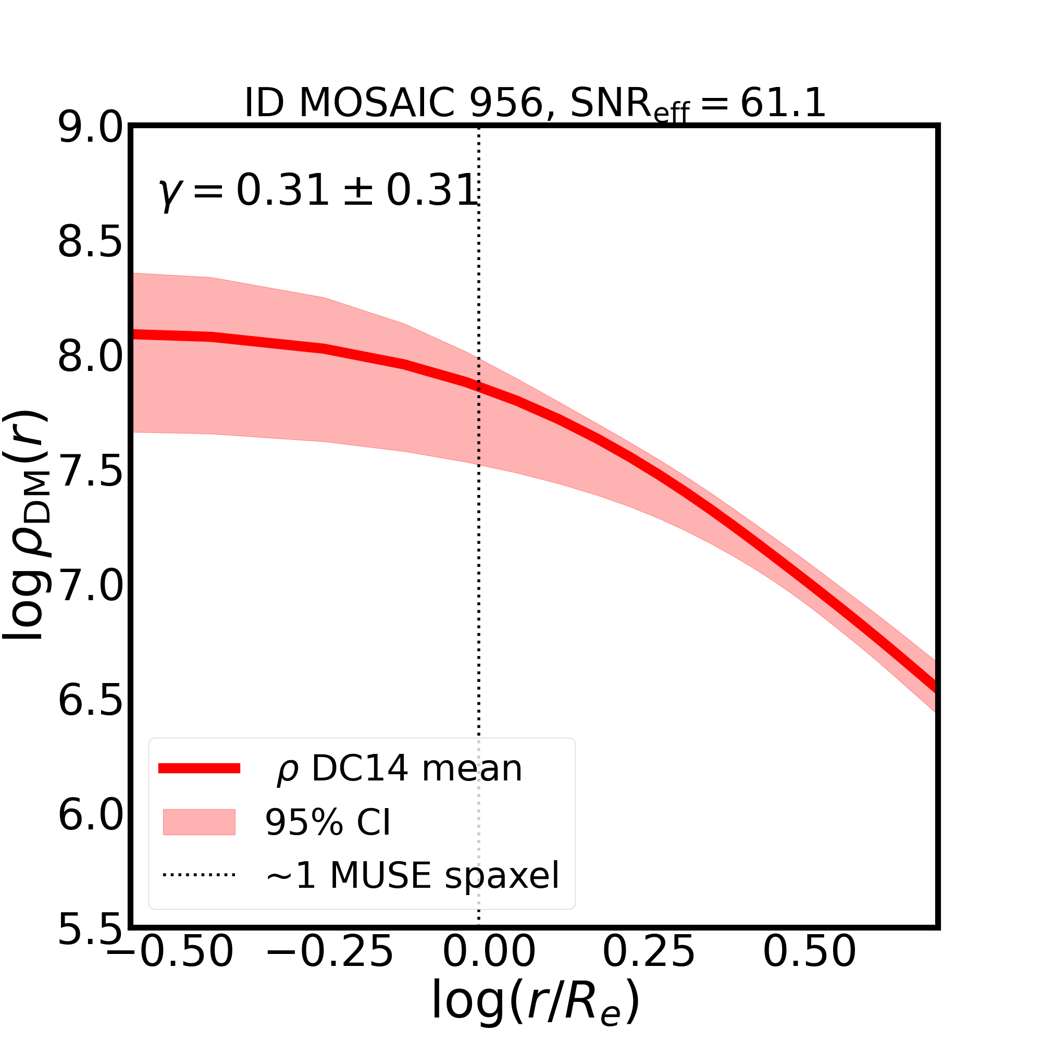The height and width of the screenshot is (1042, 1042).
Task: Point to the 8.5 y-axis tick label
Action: [90, 243]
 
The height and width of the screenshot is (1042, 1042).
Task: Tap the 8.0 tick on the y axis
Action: [90, 357]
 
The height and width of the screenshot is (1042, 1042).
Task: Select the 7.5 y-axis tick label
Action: [90, 472]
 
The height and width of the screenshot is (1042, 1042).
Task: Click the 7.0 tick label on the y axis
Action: [90, 586]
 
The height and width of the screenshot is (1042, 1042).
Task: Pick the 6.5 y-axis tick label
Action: [90, 701]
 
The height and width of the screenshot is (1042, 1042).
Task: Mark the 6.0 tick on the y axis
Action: [90, 815]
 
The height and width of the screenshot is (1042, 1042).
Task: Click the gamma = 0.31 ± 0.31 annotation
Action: [318, 191]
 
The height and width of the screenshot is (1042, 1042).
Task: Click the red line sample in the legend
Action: [199, 768]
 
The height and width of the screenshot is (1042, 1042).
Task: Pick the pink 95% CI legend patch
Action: [199, 823]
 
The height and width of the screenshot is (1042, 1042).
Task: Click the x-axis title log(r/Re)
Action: [535, 1003]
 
